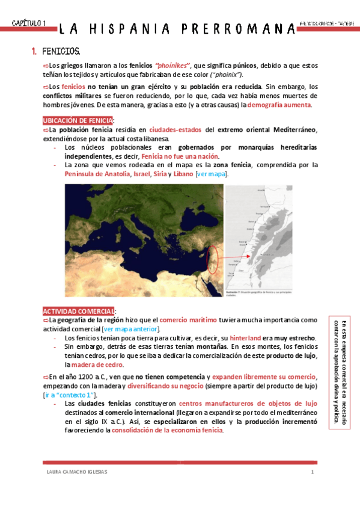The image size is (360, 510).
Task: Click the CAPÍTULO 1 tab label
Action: [x=28, y=23]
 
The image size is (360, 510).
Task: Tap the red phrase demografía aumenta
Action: [x=279, y=105]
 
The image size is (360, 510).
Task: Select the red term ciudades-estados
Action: [x=176, y=129]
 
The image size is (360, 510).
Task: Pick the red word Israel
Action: [x=144, y=174]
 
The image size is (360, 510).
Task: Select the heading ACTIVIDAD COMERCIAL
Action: [x=78, y=311]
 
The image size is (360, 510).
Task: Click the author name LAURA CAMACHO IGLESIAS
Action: [x=76, y=472]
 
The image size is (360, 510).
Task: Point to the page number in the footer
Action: [x=313, y=472]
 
